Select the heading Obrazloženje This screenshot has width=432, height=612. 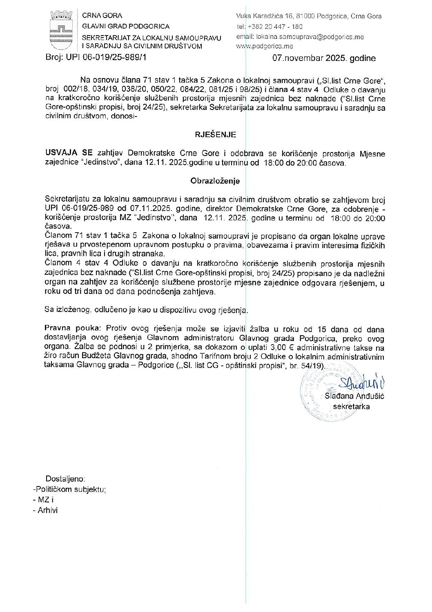click(x=215, y=181)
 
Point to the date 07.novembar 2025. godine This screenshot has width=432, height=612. click(x=324, y=58)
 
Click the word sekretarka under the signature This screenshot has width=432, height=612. click(x=352, y=406)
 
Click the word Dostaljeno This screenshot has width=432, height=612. click(x=65, y=479)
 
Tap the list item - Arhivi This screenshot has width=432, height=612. click(x=45, y=510)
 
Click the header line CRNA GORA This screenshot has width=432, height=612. click(x=99, y=16)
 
